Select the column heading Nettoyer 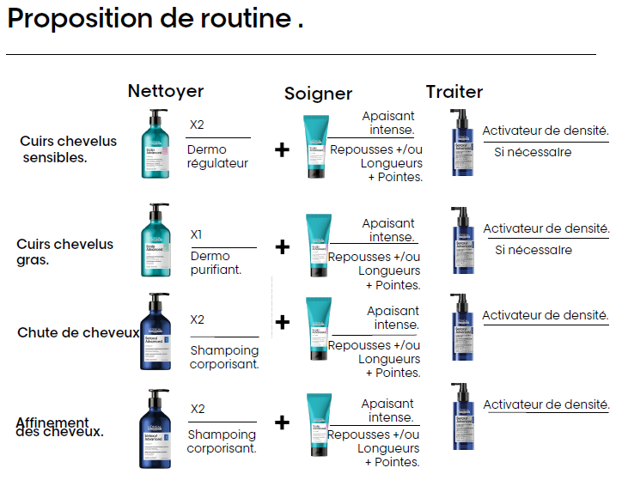[166, 91]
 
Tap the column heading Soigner [318, 94]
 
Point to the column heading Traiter [454, 92]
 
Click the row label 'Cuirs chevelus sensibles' [55, 149]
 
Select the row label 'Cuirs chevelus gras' [64, 252]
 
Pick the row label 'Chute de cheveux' [78, 332]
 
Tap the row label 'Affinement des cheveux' [59, 427]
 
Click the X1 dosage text [196, 234]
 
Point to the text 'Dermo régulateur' [217, 156]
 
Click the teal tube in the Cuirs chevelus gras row [317, 244]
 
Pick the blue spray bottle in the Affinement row [460, 415]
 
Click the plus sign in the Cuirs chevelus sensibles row [282, 150]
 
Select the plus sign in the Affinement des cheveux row [283, 422]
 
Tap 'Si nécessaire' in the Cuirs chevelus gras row [533, 250]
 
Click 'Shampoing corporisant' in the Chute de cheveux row [223, 357]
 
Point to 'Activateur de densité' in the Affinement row [546, 404]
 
